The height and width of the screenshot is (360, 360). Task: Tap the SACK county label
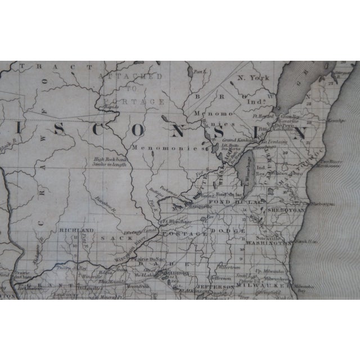click(x=110, y=238)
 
